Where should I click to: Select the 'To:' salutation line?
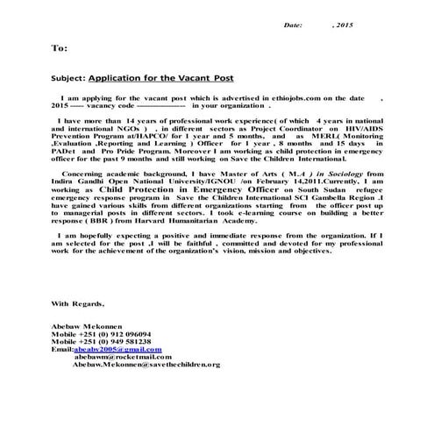click(59, 49)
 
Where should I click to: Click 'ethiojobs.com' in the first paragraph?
click(297, 99)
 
